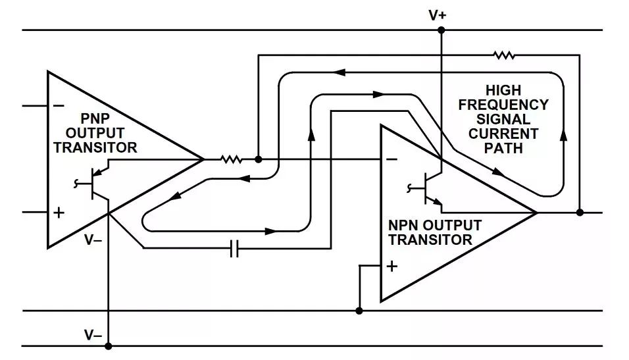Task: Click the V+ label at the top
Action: [x=438, y=14]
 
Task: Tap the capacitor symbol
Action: [x=234, y=248]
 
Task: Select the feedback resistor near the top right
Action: [x=505, y=56]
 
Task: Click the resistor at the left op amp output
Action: [x=230, y=159]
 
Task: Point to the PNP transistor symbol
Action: [x=98, y=185]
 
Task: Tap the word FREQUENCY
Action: [x=503, y=105]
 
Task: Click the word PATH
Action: [x=503, y=148]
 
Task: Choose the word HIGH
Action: [x=503, y=90]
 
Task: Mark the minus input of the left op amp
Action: [x=58, y=105]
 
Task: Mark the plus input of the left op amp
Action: [x=58, y=213]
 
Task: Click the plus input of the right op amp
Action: [x=392, y=266]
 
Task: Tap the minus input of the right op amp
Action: [x=391, y=159]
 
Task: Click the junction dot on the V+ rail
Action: [x=441, y=30]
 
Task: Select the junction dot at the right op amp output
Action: [x=580, y=213]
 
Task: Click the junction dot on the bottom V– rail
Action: [x=109, y=346]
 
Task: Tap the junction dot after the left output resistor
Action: [x=258, y=159]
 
